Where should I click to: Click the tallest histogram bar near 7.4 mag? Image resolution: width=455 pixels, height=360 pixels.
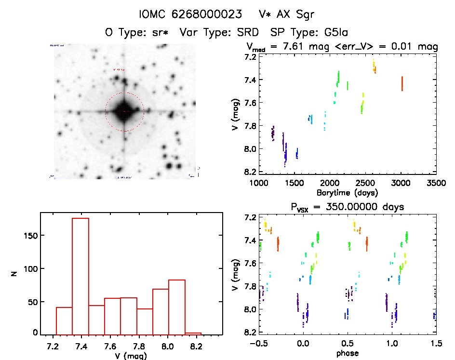80,275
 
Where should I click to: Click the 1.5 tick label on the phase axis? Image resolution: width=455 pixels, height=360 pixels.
436,344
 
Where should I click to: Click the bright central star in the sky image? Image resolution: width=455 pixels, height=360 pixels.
124,111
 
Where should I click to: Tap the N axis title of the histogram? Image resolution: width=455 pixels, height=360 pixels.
14,273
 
